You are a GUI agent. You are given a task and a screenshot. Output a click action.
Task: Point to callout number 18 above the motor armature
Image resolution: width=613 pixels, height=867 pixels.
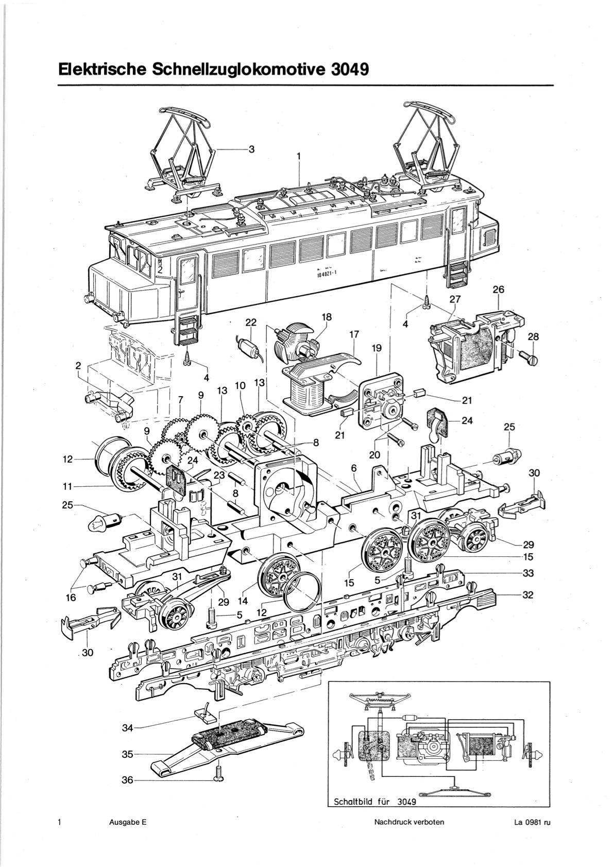[x=327, y=317]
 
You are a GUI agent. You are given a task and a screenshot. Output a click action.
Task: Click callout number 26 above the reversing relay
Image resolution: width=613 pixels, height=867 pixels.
[x=499, y=290]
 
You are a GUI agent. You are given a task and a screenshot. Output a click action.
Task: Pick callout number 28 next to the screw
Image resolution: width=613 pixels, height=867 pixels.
[x=533, y=337]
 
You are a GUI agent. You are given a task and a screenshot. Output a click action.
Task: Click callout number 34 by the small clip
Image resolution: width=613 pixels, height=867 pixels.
[x=128, y=728]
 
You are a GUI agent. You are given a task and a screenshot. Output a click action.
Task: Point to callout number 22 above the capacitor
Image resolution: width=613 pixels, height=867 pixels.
[x=251, y=322]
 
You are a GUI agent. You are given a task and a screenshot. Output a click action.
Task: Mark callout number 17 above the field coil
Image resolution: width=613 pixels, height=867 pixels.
[x=354, y=334]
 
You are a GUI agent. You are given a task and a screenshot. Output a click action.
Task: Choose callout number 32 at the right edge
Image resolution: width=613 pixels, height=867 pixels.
[x=528, y=595]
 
